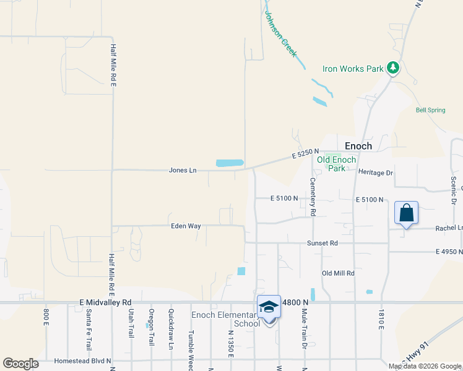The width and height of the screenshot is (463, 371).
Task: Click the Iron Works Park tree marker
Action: (x=392, y=68)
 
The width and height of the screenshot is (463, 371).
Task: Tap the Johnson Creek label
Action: (x=281, y=34)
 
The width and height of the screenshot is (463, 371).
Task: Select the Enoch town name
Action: (x=358, y=146)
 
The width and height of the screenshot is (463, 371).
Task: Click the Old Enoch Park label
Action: (x=336, y=164)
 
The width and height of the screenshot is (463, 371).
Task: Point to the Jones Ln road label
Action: (x=183, y=170)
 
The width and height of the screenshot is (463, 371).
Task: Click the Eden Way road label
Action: (x=186, y=226)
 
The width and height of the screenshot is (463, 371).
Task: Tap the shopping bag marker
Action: (x=406, y=213)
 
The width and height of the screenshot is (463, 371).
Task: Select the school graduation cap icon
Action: (x=269, y=307)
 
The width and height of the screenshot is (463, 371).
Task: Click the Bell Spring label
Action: (x=430, y=110)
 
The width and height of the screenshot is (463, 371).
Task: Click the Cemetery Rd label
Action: (x=313, y=197)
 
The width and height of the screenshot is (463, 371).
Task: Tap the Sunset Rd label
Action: (x=322, y=244)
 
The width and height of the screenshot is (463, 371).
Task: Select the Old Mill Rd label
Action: (x=338, y=273)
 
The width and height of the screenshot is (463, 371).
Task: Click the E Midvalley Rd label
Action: (x=106, y=302)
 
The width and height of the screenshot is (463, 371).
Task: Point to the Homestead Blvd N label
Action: (x=82, y=360)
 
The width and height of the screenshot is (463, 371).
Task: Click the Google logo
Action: (x=20, y=363)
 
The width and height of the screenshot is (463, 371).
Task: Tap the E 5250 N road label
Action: (x=306, y=154)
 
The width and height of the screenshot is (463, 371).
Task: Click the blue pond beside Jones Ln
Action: (x=230, y=163)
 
